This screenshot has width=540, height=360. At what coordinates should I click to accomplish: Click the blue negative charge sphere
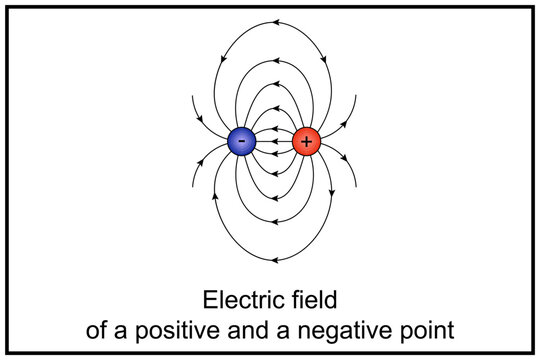(242, 142)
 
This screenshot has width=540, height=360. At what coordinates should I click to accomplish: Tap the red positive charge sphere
(306, 142)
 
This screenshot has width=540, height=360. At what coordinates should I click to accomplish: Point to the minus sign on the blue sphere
(242, 141)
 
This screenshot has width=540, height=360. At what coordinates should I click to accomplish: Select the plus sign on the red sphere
(306, 142)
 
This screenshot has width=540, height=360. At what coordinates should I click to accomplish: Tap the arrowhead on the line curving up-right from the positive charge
(342, 121)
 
